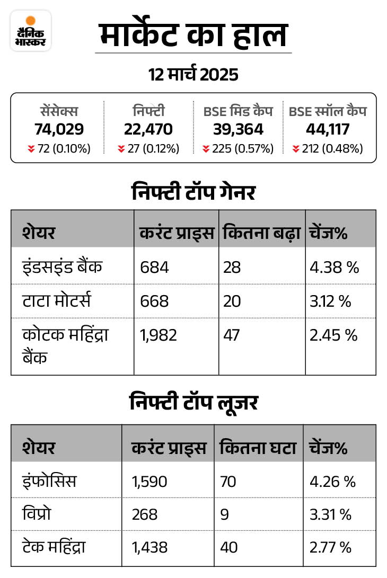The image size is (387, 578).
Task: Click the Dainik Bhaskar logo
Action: (31, 31)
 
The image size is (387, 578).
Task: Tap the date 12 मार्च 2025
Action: (193, 75)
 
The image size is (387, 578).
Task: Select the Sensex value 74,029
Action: (59, 129)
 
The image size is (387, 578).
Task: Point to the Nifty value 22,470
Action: (148, 129)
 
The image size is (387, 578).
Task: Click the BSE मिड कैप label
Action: (238, 112)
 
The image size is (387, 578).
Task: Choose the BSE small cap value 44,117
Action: (328, 129)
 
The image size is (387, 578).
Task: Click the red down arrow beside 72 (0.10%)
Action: (31, 149)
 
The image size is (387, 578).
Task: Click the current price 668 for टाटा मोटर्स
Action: (155, 301)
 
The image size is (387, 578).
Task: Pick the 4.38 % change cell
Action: (335, 267)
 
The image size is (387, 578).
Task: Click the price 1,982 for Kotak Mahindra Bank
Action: (159, 335)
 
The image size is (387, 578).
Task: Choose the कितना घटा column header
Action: (258, 448)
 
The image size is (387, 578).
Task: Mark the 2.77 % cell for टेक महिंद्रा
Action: (331, 547)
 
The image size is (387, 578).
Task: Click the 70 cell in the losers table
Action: (229, 482)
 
